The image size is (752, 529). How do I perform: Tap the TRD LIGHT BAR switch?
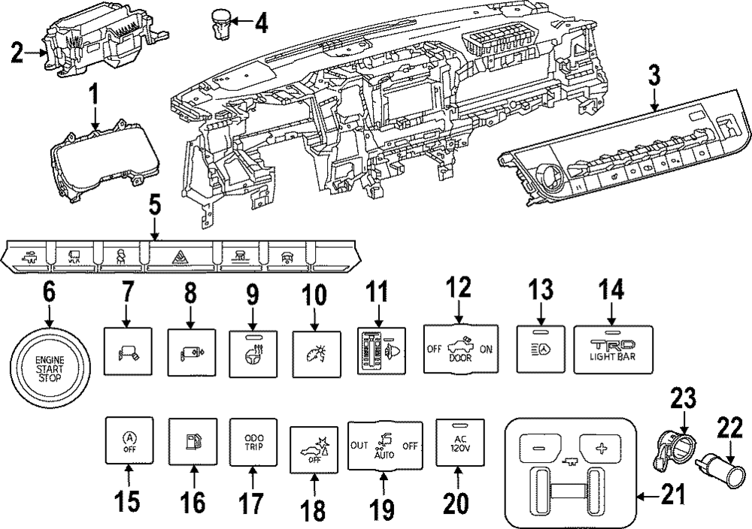coord(613,349)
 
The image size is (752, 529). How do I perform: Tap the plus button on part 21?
coord(599,448)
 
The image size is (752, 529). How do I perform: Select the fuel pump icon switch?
coord(193,441)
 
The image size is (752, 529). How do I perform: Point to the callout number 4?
coord(259,23)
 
